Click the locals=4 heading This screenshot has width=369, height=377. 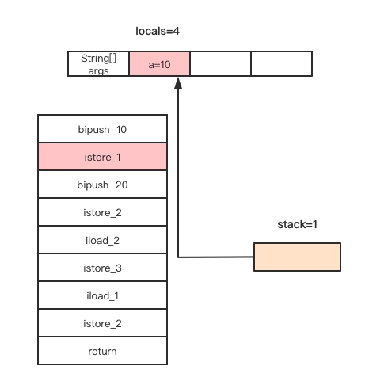(158, 31)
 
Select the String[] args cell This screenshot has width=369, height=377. (98, 64)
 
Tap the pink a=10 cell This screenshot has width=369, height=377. (159, 64)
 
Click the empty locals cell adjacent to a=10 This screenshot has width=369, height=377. (220, 64)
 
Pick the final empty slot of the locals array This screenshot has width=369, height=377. (282, 64)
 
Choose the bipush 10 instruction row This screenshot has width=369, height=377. (102, 129)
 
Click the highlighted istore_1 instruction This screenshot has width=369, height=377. (102, 157)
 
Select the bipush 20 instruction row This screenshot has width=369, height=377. (102, 185)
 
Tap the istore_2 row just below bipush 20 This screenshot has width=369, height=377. (102, 212)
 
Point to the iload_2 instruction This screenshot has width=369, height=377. (102, 240)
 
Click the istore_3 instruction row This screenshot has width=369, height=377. (102, 268)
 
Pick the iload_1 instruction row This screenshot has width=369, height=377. (102, 295)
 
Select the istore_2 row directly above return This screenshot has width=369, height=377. (102, 323)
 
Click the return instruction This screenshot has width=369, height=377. (102, 351)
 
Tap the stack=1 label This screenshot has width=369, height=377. (297, 224)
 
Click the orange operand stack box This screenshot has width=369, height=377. (297, 257)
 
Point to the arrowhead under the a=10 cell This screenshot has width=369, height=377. (178, 83)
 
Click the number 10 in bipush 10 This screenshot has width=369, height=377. (121, 129)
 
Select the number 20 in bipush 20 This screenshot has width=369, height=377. (121, 185)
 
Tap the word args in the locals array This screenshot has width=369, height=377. (98, 70)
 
